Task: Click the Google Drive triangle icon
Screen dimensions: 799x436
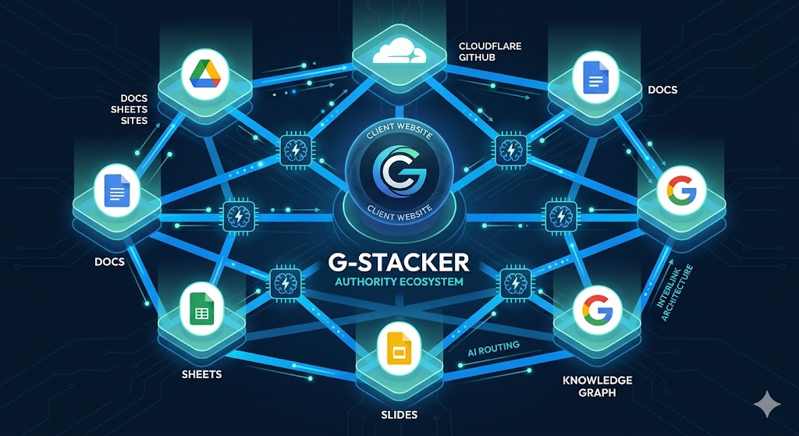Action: tap(205, 74)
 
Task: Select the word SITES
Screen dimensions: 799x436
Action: tap(135, 121)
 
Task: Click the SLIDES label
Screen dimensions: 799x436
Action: tap(399, 415)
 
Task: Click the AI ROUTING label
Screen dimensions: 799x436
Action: tap(493, 348)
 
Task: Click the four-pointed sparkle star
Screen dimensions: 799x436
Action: tap(767, 405)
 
